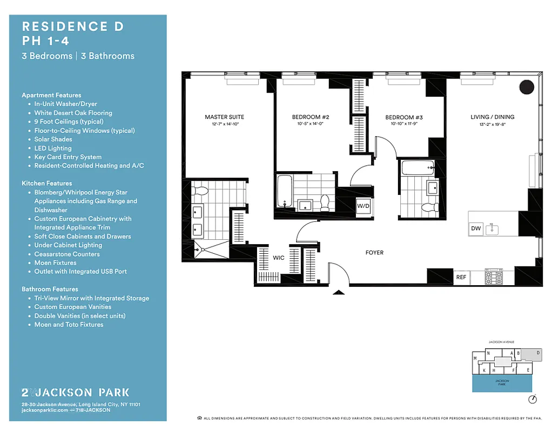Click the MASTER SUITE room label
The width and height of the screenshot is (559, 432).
(224, 117)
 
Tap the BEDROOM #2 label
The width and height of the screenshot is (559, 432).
(311, 117)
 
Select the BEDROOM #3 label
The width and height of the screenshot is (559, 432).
(403, 117)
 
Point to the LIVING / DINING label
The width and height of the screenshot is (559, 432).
(492, 117)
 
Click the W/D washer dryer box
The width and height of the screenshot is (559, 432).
(363, 206)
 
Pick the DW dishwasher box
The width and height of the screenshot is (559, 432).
(476, 229)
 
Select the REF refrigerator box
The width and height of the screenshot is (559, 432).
(461, 277)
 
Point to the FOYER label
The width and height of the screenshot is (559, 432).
(374, 252)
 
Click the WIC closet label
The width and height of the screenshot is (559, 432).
(278, 258)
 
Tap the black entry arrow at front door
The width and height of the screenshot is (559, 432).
(338, 293)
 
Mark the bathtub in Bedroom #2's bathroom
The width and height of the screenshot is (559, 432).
(284, 191)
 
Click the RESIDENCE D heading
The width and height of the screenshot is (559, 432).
(72, 26)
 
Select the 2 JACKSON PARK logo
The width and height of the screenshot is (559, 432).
(75, 393)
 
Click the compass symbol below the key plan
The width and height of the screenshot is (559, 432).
(533, 400)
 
